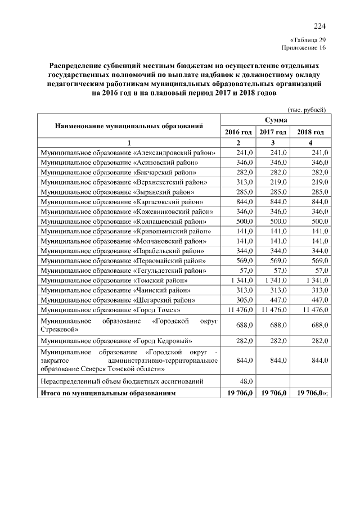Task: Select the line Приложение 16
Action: [305, 48]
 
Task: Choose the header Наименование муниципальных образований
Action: [129, 126]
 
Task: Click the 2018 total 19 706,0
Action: [312, 393]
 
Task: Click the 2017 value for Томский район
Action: [274, 281]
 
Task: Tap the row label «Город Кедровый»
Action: [118, 341]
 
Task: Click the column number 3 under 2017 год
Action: [273, 142]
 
